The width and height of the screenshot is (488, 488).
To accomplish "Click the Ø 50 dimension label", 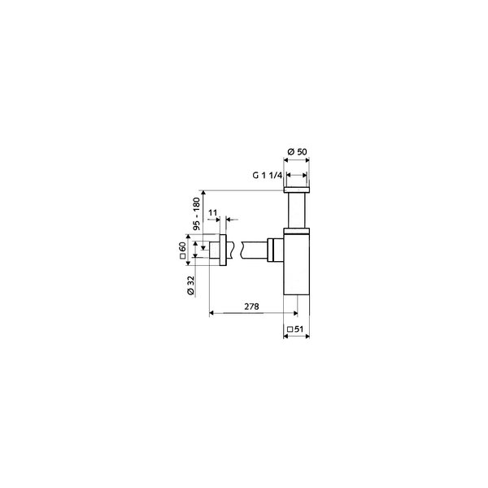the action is [297, 152].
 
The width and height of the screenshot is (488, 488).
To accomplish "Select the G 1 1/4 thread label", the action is [267, 175].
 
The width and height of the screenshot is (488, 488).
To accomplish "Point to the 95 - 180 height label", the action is [197, 213].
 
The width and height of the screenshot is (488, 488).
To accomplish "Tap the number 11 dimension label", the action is [212, 212].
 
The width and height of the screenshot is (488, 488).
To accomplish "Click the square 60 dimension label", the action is [183, 251].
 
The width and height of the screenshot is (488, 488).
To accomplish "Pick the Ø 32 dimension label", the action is [190, 285].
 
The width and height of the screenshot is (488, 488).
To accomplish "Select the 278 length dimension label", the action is [251, 307].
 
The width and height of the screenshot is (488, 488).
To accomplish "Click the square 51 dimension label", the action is [295, 329].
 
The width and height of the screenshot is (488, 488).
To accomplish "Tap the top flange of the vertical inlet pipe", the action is [297, 190].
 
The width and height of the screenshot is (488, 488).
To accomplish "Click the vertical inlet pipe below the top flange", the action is [297, 211].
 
